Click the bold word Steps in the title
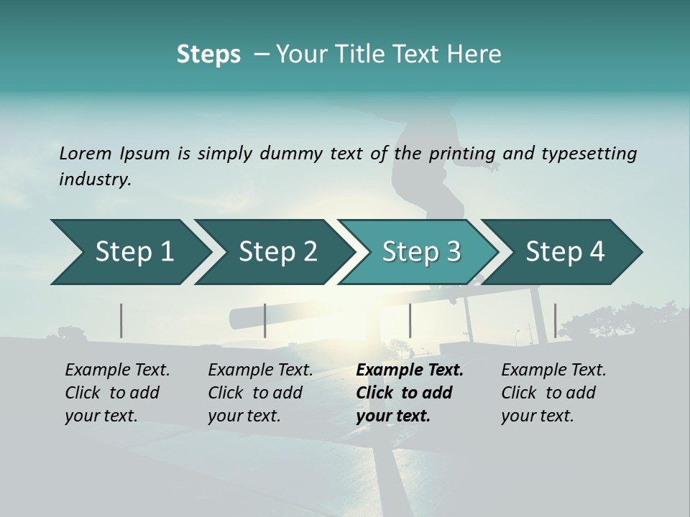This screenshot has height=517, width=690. (208, 55)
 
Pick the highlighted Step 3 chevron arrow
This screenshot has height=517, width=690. (421, 252)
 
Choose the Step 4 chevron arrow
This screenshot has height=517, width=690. (565, 252)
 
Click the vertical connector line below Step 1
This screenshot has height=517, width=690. (121, 320)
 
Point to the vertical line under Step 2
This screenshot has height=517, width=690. (265, 320)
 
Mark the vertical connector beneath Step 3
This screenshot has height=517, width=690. (410, 320)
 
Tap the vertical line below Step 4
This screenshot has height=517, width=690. (555, 320)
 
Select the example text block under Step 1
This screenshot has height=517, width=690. (117, 393)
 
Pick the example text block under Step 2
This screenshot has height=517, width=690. (260, 393)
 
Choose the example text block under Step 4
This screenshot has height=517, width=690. (553, 393)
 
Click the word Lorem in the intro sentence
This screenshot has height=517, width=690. (86, 153)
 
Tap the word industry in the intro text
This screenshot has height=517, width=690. (94, 180)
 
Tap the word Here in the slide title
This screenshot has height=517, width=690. (474, 55)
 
